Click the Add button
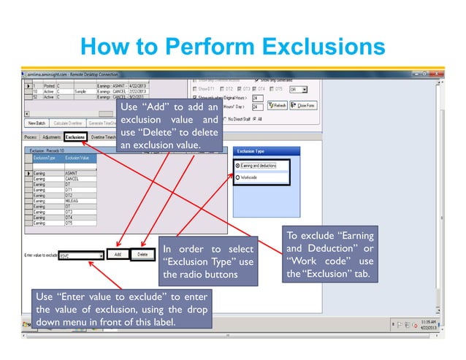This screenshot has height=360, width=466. [117, 255]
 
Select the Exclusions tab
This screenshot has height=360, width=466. [75, 137]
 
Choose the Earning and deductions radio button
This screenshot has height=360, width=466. [239, 166]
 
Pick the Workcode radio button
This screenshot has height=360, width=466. [239, 177]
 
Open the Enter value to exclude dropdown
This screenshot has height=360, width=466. [99, 256]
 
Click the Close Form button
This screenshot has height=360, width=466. [303, 105]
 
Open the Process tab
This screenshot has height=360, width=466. [30, 137]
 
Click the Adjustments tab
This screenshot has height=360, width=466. [51, 137]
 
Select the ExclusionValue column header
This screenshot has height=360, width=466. [77, 158]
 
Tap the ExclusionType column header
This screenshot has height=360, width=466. [45, 158]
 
